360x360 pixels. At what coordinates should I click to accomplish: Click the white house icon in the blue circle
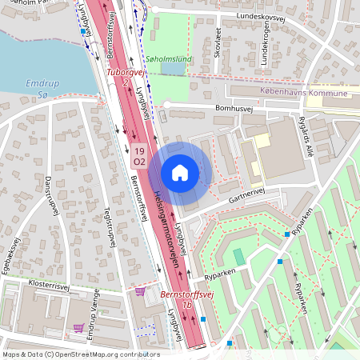(x=180, y=172)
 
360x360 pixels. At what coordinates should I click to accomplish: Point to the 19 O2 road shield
(x=138, y=156)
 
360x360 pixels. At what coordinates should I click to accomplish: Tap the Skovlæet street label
(x=218, y=40)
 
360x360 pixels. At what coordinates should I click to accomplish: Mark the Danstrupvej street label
(x=51, y=195)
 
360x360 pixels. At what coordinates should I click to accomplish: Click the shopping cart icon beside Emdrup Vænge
(x=78, y=327)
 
